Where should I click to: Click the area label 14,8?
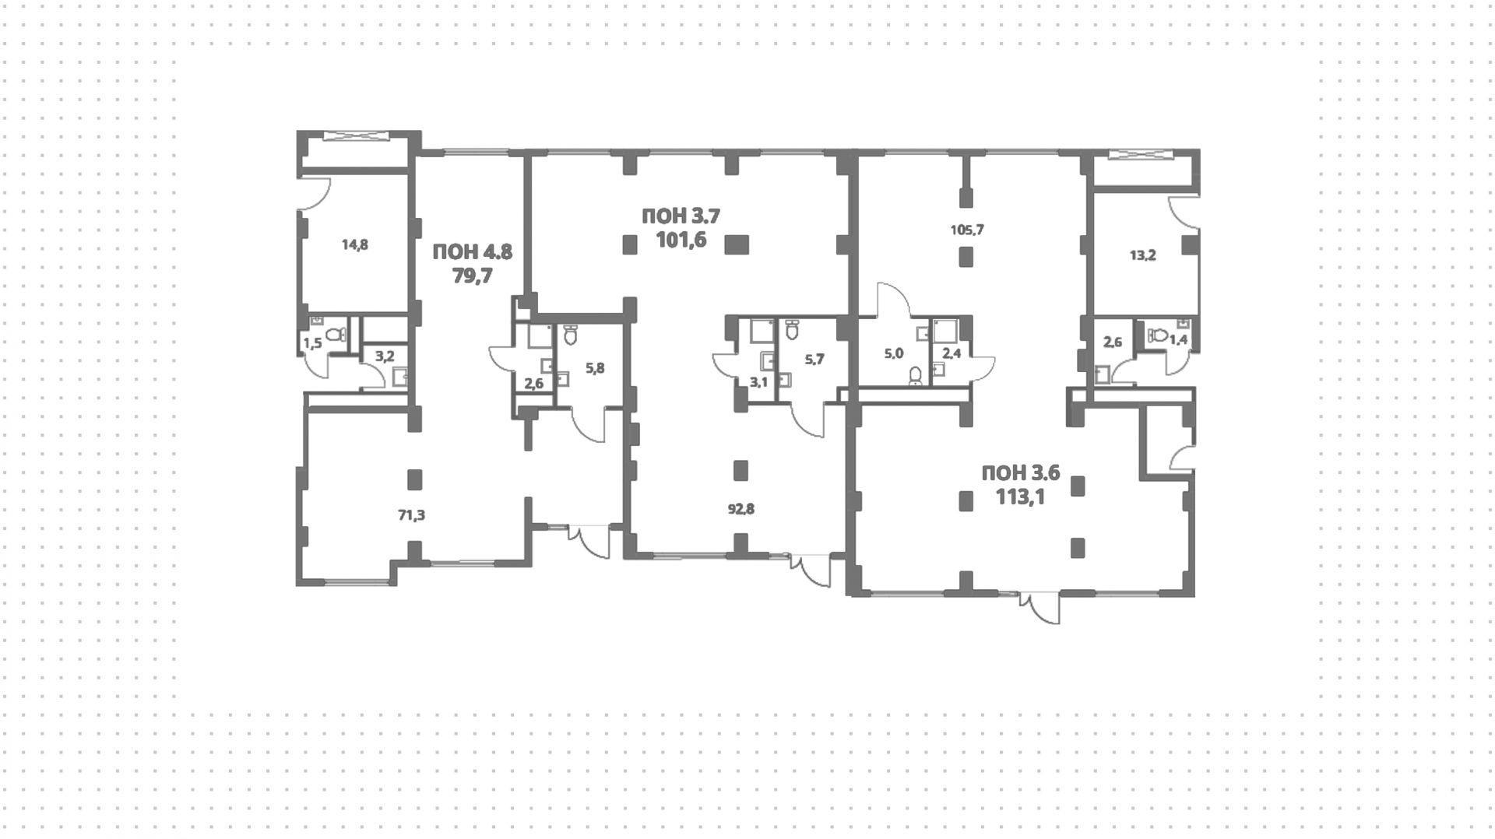tap(354, 244)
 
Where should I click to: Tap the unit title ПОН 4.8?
tap(472, 252)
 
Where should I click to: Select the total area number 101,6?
tap(681, 239)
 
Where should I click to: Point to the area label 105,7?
tap(967, 230)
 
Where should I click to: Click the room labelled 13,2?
tap(1142, 255)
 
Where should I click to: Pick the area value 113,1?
tap(1020, 496)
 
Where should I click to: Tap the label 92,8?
tap(740, 510)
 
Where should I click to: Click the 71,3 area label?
tap(411, 514)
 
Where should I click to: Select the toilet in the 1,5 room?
tap(336, 335)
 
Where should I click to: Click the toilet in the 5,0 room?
tap(916, 377)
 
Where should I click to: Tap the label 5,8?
tap(594, 368)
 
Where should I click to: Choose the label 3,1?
tap(758, 381)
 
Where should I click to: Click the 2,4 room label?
tap(952, 353)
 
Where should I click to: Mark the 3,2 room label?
tap(385, 356)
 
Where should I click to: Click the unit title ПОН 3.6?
tap(1020, 472)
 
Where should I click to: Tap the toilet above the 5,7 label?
tap(793, 330)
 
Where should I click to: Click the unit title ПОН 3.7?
tap(681, 216)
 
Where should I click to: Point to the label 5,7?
tap(814, 359)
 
